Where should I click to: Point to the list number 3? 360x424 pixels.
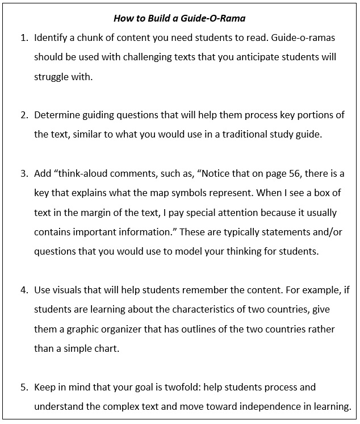pos(24,173)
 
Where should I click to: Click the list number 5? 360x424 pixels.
pos(24,388)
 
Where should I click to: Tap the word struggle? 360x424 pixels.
pos(53,77)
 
